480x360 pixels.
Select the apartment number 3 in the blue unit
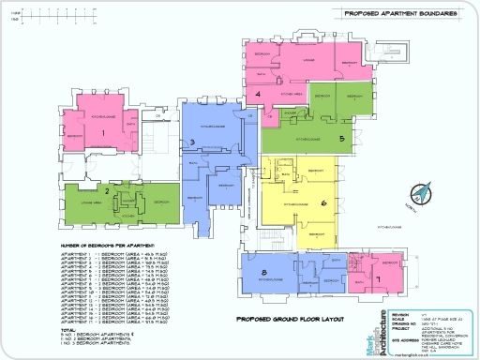click(x=191, y=142)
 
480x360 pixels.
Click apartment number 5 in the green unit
click(x=342, y=139)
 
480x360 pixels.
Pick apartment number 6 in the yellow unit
click(x=323, y=202)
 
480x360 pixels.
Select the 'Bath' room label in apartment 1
click(x=130, y=123)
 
